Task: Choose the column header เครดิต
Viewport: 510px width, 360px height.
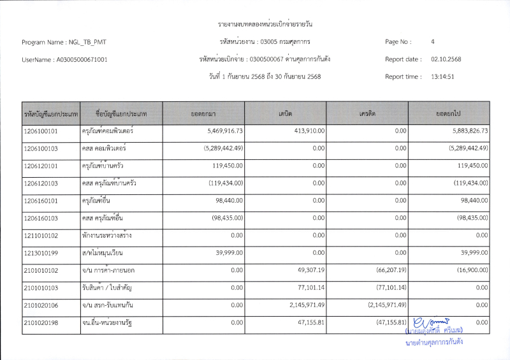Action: tap(367, 113)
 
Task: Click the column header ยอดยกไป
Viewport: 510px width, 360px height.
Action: tap(448, 113)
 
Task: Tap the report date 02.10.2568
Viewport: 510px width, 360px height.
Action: tap(446, 59)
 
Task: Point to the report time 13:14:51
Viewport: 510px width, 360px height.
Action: tap(442, 76)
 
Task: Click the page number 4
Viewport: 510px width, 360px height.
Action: tap(433, 42)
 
